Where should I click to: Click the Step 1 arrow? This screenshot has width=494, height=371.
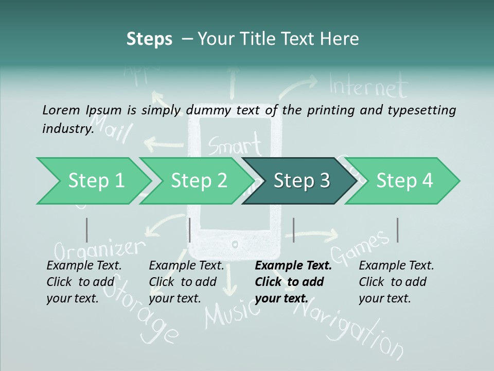(x=93, y=181)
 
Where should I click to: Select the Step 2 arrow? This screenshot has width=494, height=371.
(x=198, y=181)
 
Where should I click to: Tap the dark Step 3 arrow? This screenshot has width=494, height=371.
(x=301, y=181)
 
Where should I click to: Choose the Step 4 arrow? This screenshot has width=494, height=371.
(x=404, y=181)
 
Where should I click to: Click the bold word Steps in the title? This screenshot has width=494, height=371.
(x=149, y=39)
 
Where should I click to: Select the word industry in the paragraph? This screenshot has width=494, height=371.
(x=67, y=128)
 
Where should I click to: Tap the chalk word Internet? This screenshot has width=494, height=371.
(x=368, y=87)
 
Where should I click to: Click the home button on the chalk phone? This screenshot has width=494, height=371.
(x=236, y=243)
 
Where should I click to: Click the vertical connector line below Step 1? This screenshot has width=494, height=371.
(x=87, y=230)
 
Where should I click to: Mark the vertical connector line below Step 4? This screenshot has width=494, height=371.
(x=397, y=230)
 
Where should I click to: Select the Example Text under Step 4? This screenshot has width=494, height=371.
(x=396, y=266)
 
